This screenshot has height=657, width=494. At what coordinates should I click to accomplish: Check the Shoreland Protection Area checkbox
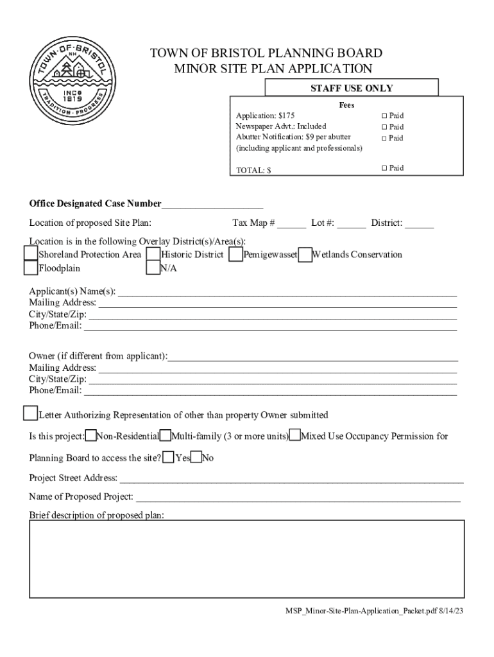tap(30, 254)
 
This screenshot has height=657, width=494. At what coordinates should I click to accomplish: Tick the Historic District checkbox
tap(153, 254)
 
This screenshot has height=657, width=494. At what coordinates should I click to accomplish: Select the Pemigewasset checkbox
tap(235, 254)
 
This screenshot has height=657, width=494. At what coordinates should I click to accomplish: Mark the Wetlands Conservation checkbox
tap(305, 254)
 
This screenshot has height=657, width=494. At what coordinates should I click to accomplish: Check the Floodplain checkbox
tap(30, 268)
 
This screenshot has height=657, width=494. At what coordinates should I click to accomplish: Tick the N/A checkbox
tap(153, 268)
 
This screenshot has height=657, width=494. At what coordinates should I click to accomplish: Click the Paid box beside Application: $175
tap(384, 116)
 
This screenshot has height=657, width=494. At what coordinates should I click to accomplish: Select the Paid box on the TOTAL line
tap(384, 168)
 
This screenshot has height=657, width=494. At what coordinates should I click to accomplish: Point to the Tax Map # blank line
tap(292, 225)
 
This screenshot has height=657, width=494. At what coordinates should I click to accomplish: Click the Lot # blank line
tap(352, 225)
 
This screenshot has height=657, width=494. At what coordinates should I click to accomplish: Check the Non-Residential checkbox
tap(91, 436)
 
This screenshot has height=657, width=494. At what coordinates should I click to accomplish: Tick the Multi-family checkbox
tap(165, 436)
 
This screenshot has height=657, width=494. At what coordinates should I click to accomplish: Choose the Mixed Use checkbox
tap(295, 436)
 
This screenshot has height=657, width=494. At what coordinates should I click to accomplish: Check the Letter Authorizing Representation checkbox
tap(30, 413)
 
